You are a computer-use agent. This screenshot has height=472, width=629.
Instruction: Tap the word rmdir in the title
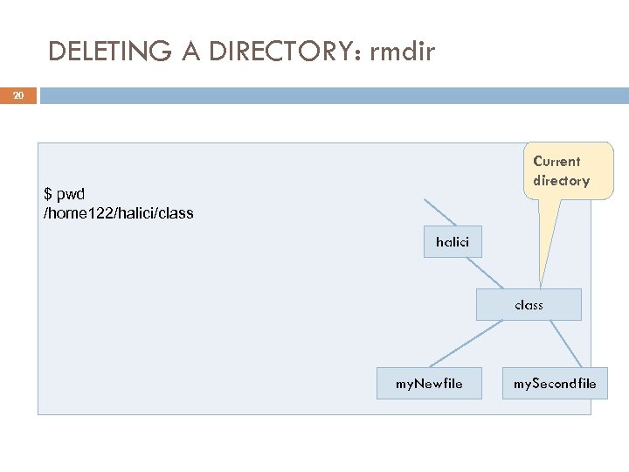tap(402, 52)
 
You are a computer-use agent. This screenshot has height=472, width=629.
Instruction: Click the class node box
tap(529, 305)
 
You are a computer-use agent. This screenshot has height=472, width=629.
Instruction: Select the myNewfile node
tap(429, 383)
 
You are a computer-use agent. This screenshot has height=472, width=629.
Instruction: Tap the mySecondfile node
tap(555, 383)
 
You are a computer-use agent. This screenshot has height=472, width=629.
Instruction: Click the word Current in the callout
tap(556, 161)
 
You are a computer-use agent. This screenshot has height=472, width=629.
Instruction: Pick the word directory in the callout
tap(561, 181)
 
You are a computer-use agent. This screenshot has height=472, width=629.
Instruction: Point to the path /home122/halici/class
tap(119, 213)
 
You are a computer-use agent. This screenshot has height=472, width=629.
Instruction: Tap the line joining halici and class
tap(492, 274)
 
